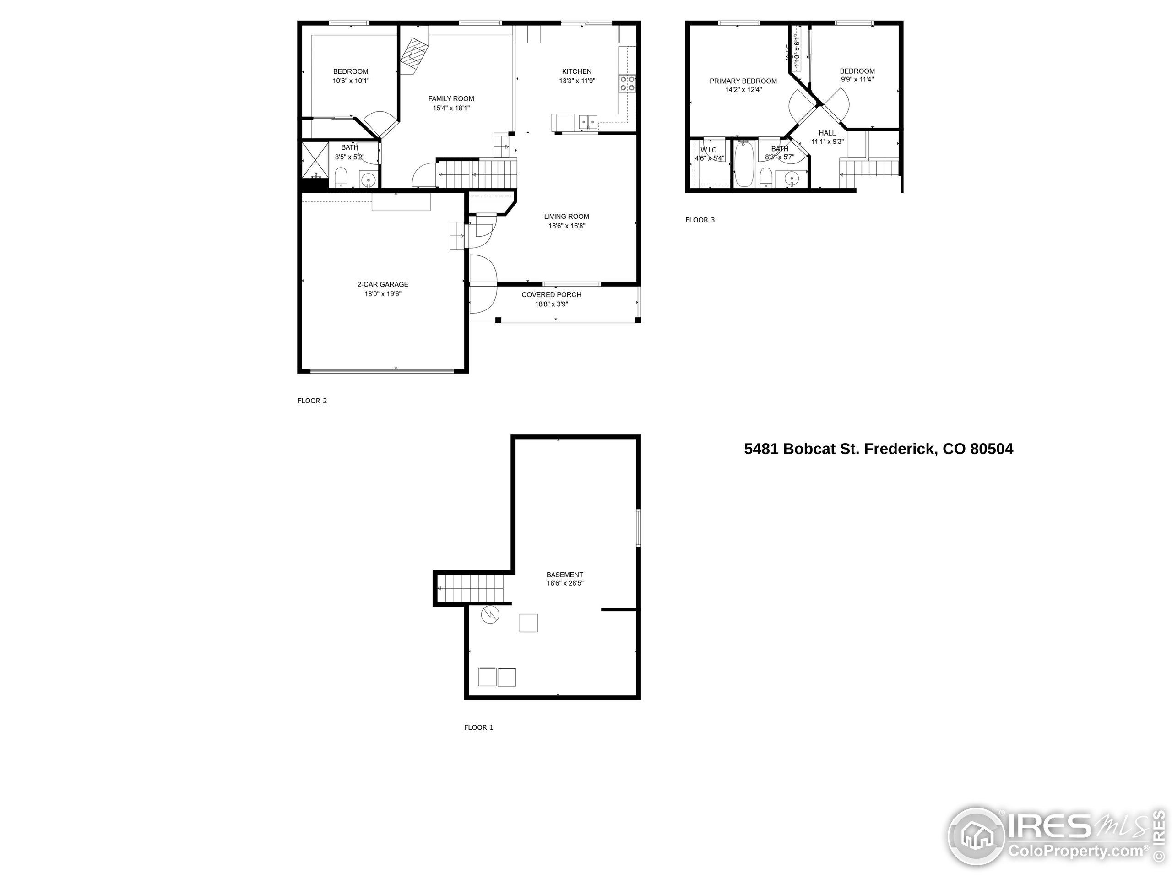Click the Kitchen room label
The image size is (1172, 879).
576,71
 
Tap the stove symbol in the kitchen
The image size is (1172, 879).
627,84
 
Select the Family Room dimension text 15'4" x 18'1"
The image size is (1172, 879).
451,108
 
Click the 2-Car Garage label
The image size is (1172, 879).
383,284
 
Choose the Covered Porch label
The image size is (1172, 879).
551,294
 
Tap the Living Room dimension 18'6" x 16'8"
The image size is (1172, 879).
566,226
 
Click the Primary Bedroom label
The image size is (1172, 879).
743,81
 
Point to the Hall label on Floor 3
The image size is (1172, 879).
826,133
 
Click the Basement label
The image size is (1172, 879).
565,575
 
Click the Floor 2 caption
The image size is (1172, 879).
312,401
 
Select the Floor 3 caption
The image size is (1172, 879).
700,220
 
